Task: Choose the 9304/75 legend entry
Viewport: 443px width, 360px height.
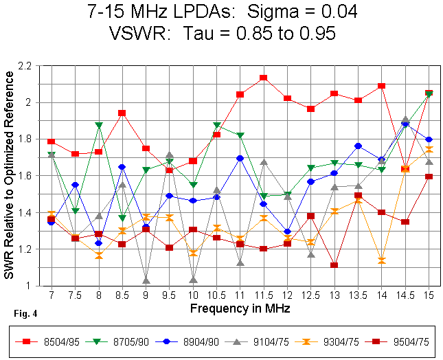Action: pos(320,341)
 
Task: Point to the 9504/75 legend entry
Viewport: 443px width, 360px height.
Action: pos(388,341)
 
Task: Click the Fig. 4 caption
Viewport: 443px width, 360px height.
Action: pos(25,315)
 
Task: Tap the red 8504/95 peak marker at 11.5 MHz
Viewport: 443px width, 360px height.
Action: pos(264,78)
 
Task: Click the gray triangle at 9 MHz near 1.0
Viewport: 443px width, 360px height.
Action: pos(146,280)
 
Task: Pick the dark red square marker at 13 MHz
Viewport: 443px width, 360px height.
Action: pos(334,265)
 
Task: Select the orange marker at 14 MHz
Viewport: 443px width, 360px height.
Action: pos(382,260)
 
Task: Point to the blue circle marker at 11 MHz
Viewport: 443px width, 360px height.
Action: pos(240,158)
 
